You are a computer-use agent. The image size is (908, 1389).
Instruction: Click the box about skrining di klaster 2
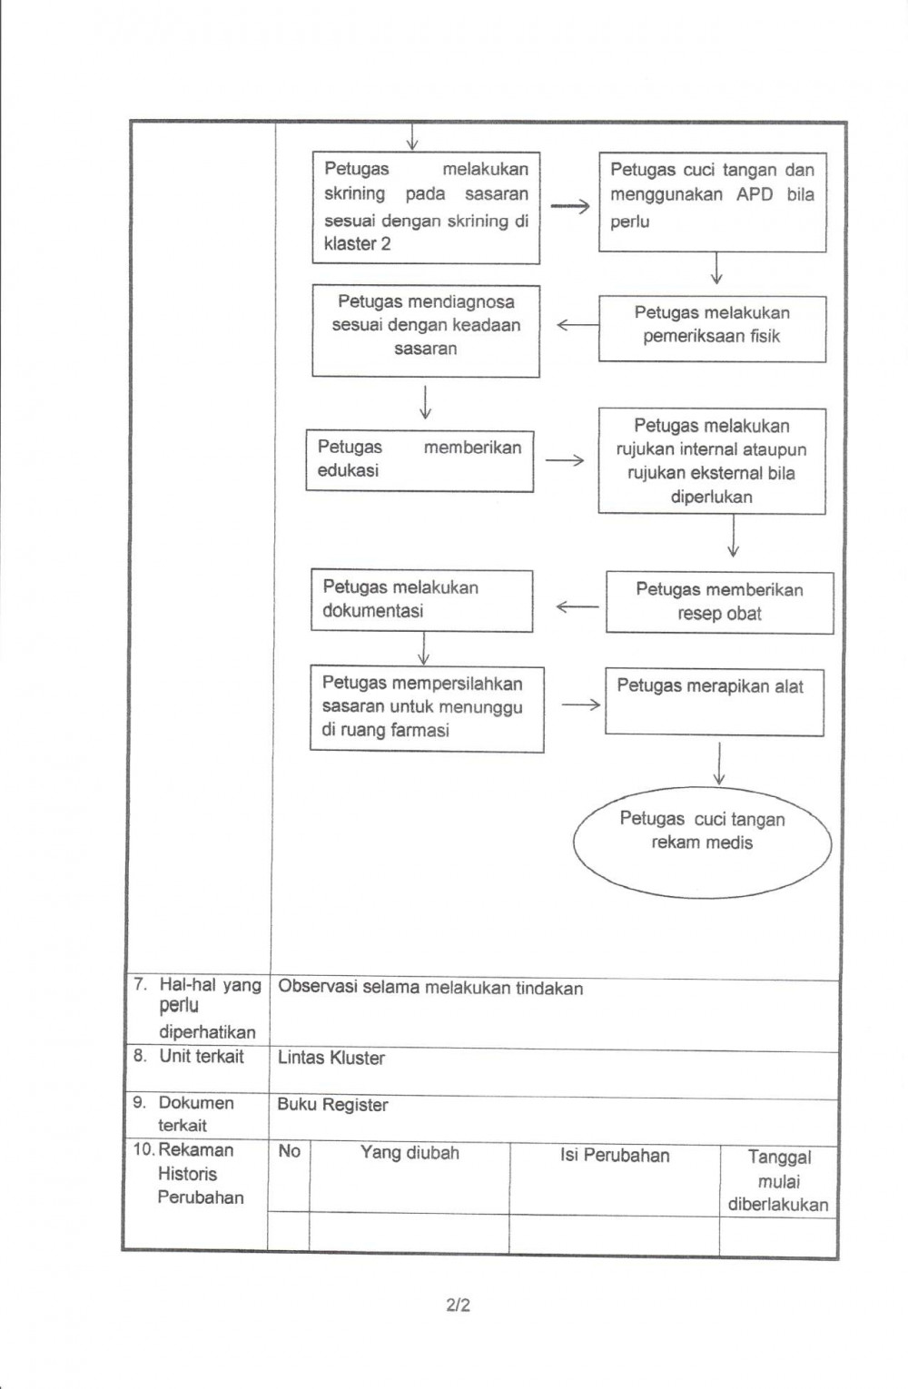pos(426,208)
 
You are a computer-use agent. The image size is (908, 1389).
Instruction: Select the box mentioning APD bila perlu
pos(712,202)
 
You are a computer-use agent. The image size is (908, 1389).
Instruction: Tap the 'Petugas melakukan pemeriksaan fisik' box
pos(712,329)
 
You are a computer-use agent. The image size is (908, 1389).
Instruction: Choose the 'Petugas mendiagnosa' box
pos(426,330)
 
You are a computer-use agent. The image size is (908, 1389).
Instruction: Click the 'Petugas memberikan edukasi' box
pos(419,461)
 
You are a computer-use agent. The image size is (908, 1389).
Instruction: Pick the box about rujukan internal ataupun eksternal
pos(712,461)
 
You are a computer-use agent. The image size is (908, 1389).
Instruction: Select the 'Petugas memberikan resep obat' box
pos(719,602)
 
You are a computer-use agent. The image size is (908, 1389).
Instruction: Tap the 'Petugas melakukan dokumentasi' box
pos(421,600)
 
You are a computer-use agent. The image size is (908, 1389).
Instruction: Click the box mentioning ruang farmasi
pos(427,708)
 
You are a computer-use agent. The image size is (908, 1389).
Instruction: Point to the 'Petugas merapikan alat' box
pos(714,702)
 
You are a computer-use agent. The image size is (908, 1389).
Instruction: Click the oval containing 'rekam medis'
pos(702,842)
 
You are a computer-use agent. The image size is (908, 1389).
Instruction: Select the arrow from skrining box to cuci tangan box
pos(569,207)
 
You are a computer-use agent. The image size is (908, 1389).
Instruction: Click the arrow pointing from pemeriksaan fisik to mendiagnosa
pos(577,325)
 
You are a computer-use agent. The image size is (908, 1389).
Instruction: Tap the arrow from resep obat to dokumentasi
pos(577,606)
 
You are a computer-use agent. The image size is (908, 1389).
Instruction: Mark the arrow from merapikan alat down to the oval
pos(719,763)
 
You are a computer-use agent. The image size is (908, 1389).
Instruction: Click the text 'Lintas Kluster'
pos(331,1058)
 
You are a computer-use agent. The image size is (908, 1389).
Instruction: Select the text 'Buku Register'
pos(332,1105)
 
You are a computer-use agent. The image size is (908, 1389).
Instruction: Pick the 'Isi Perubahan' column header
pos(615,1155)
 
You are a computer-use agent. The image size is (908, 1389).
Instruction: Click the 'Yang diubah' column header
pos(410,1153)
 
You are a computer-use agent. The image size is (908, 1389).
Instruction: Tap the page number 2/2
pos(459,1305)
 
